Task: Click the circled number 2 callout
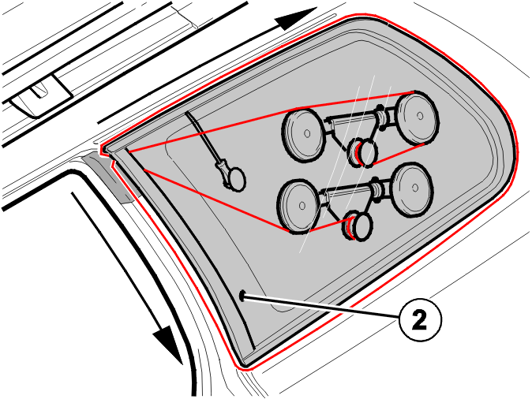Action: pos(420,319)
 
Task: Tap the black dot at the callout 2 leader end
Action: pos(243,296)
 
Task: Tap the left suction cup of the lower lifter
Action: pos(298,206)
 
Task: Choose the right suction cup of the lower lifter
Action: pos(412,189)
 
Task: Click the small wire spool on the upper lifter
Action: pos(363,152)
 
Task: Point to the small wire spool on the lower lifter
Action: pos(358,226)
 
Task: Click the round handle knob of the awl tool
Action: pos(237,179)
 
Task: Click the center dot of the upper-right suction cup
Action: pos(420,116)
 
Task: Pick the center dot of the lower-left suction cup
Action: pos(302,205)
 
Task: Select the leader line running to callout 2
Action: pos(321,307)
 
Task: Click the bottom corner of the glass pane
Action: pos(245,367)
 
